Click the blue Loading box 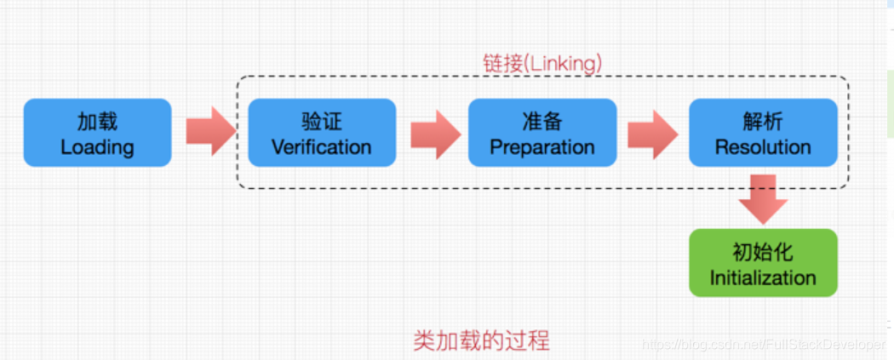point(97,133)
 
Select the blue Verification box point(321,133)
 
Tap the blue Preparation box point(542,133)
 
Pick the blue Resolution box point(763,133)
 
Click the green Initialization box point(763,263)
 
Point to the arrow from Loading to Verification point(210,132)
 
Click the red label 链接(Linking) point(542,63)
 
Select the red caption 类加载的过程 point(481,340)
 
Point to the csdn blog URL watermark point(762,345)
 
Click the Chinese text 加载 point(97,121)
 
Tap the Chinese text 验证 point(321,121)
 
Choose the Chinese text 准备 point(542,121)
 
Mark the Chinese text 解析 point(763,121)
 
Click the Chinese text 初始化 point(763,252)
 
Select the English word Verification point(321,146)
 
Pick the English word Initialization point(763,277)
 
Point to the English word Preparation point(542,146)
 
